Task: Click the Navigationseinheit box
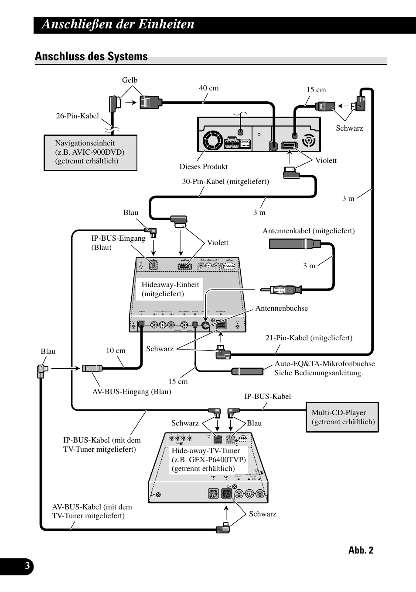pyautogui.click(x=90, y=152)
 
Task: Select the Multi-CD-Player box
pyautogui.click(x=342, y=417)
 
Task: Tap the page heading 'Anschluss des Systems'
pyautogui.click(x=91, y=56)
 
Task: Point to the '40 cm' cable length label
pyautogui.click(x=209, y=88)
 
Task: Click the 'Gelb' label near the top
pyautogui.click(x=130, y=80)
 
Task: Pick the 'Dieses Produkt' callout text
pyautogui.click(x=203, y=166)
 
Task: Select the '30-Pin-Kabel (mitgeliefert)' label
pyautogui.click(x=225, y=181)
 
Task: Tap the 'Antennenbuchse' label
pyautogui.click(x=281, y=308)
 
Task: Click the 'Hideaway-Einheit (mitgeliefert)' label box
pyautogui.click(x=170, y=289)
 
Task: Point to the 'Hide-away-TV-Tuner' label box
pyautogui.click(x=208, y=459)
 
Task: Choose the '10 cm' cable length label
pyautogui.click(x=116, y=350)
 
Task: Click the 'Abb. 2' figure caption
pyautogui.click(x=361, y=550)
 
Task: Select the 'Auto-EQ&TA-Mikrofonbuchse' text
pyautogui.click(x=324, y=364)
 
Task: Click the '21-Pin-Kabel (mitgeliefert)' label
pyautogui.click(x=309, y=338)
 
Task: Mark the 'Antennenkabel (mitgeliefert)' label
pyautogui.click(x=308, y=231)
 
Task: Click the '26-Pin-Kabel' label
pyautogui.click(x=77, y=116)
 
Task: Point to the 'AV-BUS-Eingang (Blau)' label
pyautogui.click(x=131, y=391)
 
